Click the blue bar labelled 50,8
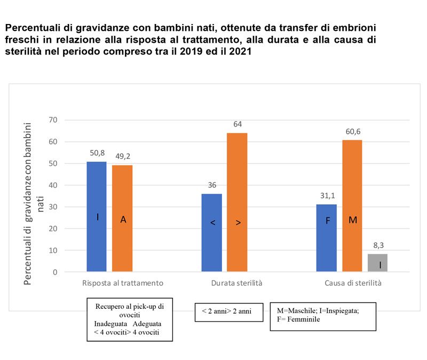tap(97, 217)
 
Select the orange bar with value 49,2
tap(122, 219)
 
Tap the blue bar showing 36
tap(212, 233)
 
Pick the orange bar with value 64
tap(238, 202)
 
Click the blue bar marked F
tap(327, 238)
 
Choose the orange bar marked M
tap(352, 206)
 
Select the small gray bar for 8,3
tap(377, 263)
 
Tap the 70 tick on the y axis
tap(52, 120)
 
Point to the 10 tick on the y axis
tap(52, 250)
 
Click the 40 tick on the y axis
tap(52, 185)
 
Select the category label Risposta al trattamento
tap(123, 283)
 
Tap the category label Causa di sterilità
tap(353, 283)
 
